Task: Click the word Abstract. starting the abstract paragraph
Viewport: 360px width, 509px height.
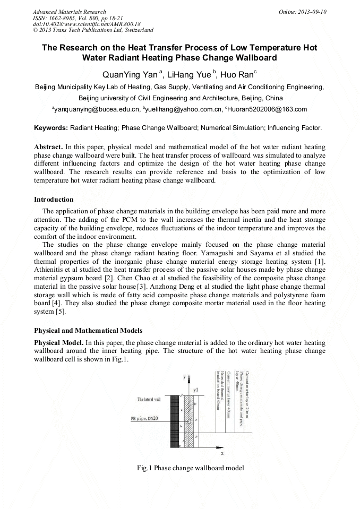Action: (49, 146)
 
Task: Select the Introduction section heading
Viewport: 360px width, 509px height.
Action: (54, 200)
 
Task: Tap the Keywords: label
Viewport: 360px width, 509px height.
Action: (51, 128)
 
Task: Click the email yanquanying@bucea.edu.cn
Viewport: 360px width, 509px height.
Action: (96, 109)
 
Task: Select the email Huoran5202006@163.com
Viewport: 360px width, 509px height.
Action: (267, 109)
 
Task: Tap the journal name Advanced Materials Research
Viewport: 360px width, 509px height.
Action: (69, 12)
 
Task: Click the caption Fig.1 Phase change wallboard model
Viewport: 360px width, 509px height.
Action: (190, 468)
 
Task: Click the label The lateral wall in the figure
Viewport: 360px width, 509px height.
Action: (149, 399)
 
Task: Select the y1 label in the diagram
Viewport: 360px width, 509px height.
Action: (196, 390)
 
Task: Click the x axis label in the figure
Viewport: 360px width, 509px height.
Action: (222, 453)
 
